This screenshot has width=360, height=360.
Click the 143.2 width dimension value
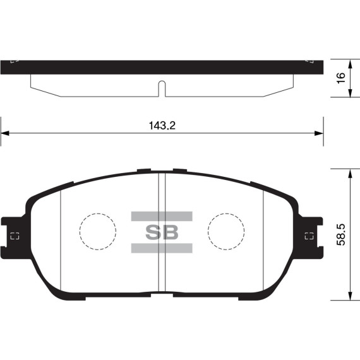coord(162,125)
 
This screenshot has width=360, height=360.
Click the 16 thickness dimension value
coord(341,78)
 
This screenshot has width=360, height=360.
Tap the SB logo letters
coord(162,232)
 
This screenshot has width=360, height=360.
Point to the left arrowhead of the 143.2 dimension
coord(5,133)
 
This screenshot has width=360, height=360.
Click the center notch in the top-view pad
coord(161,88)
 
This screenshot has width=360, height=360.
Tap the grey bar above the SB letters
coord(162,215)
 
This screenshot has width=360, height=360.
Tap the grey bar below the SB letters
coord(162,248)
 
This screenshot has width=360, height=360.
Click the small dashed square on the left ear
coord(15,237)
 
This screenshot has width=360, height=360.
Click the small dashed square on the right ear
coord(308,237)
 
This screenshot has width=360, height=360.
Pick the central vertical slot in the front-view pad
coord(161,234)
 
